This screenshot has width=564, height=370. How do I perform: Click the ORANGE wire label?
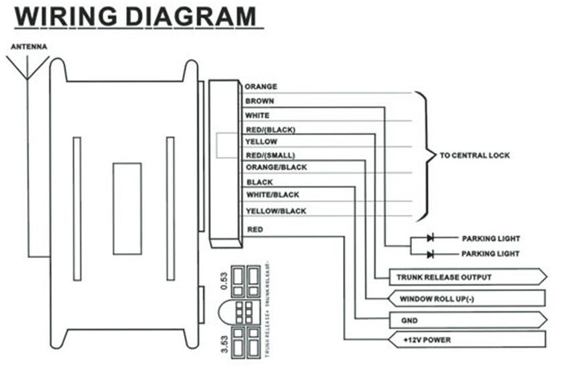coord(261,87)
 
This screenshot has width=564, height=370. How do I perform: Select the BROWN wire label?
coord(260,102)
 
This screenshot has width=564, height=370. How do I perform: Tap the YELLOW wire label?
coord(261,142)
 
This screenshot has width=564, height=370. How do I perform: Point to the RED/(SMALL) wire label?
coord(270,156)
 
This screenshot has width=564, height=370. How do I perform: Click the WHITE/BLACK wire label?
coord(272,195)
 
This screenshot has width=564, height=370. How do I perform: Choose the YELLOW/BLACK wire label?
coord(276,211)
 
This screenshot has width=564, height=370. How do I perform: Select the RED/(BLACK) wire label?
coord(270,130)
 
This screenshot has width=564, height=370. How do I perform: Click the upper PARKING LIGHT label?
coord(491,238)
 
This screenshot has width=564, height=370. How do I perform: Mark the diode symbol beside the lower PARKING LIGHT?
coord(431,254)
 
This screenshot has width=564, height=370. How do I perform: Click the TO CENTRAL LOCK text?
coord(475,156)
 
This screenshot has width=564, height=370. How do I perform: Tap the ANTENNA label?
coord(27,47)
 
